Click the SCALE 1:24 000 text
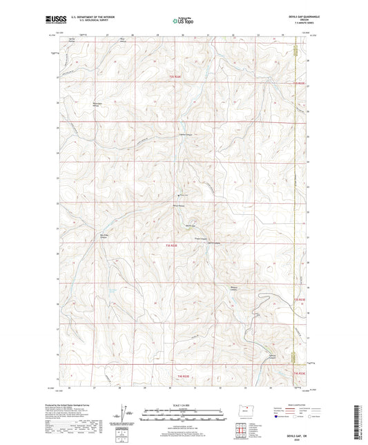(x=184, y=404)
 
